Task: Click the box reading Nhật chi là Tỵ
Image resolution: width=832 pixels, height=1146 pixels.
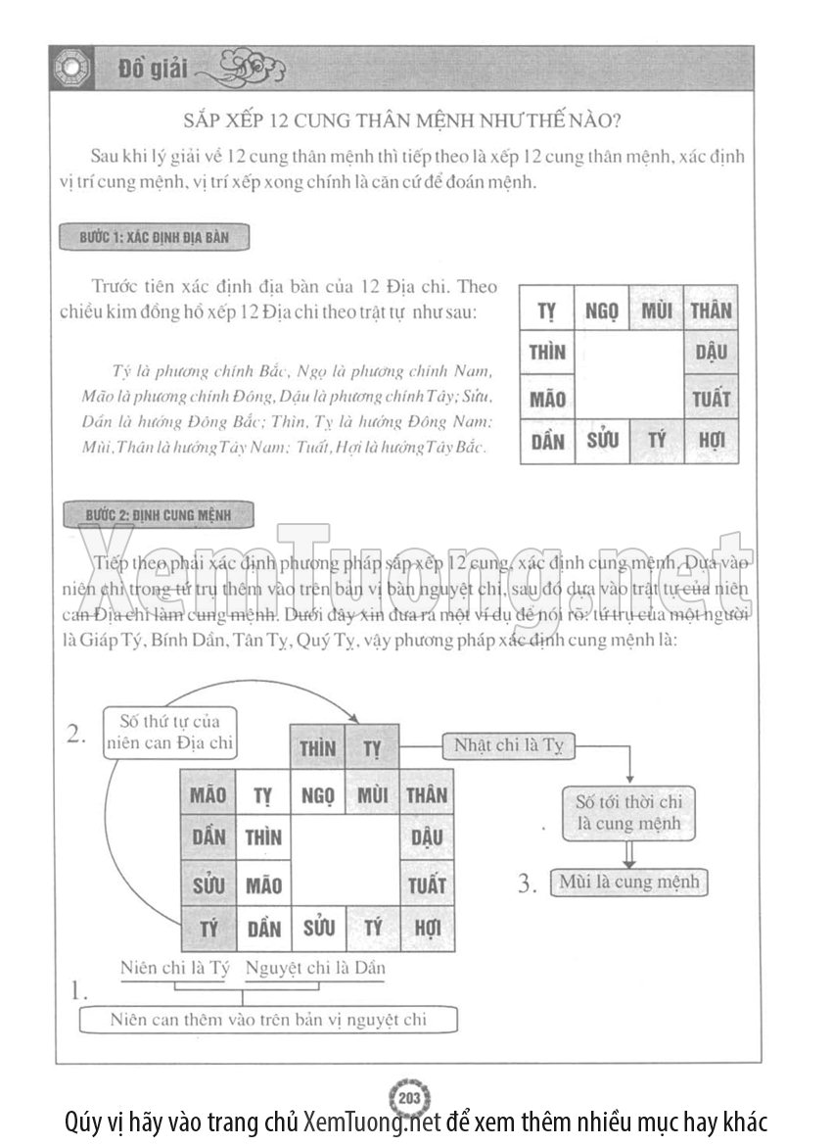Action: click(508, 746)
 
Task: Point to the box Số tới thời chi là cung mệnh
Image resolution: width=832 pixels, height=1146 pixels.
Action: click(628, 812)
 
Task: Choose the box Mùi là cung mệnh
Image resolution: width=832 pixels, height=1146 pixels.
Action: click(628, 882)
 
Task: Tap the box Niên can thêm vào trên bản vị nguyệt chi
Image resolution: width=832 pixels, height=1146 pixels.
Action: click(268, 1020)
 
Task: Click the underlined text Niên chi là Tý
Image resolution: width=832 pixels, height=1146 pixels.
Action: click(174, 968)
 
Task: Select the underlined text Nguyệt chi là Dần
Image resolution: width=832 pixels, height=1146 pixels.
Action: click(315, 968)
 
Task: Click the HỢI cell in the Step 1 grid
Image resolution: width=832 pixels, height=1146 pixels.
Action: click(712, 441)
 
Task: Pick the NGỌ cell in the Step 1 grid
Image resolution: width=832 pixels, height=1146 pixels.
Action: click(602, 310)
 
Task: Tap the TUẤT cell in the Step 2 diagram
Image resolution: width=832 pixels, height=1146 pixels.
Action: click(427, 884)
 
